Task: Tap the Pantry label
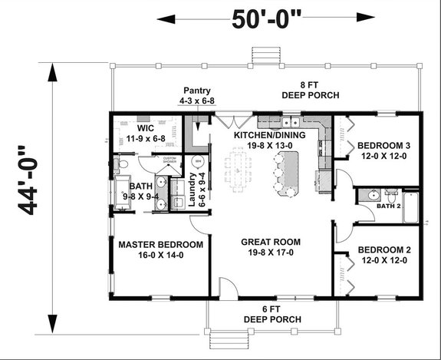[x=197, y=95]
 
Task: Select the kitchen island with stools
[x=288, y=170]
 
